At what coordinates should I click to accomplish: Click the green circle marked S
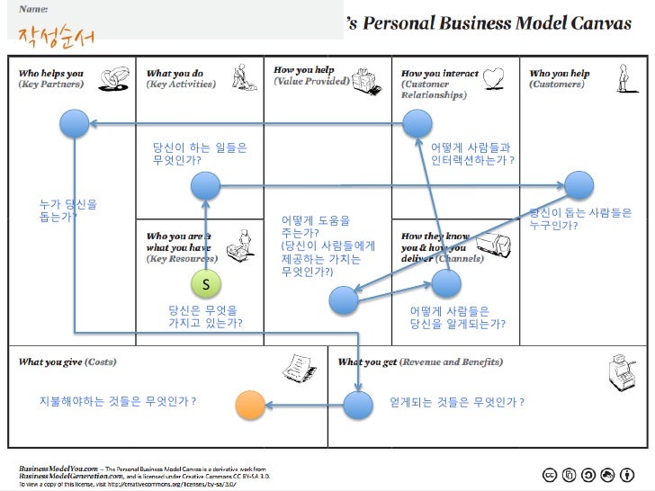point(206,284)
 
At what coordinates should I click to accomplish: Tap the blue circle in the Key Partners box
point(74,124)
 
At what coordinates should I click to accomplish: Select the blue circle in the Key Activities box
point(206,187)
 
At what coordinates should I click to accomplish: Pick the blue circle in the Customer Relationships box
point(417,124)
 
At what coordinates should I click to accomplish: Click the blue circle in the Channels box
point(445,283)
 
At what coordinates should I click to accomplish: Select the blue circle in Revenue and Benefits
point(358,405)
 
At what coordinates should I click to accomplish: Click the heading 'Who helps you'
point(50,74)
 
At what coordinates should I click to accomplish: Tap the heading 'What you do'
point(175,74)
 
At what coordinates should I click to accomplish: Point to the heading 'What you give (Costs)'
point(67,362)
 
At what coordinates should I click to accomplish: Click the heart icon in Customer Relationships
point(492,79)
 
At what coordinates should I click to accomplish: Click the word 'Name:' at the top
point(34,8)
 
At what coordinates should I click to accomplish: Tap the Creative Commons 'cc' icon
point(549,475)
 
